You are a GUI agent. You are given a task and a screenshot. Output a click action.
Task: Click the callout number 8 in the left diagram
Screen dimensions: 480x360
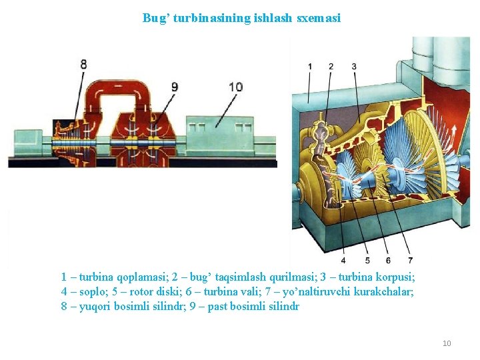click(x=83, y=65)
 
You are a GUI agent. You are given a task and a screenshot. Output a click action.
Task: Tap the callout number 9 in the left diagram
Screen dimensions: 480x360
click(x=175, y=86)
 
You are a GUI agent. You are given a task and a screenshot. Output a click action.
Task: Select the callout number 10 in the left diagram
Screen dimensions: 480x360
click(x=235, y=87)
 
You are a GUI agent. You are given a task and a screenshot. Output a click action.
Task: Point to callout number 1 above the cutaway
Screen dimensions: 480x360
click(x=309, y=67)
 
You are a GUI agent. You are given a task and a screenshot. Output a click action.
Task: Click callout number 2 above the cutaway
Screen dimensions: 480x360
click(x=331, y=67)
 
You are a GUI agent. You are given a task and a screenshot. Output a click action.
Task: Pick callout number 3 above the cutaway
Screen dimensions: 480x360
click(x=353, y=67)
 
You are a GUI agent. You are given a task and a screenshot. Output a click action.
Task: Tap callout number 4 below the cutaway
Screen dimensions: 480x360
click(x=343, y=260)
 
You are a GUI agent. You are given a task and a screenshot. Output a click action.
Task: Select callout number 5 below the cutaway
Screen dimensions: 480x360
click(x=367, y=260)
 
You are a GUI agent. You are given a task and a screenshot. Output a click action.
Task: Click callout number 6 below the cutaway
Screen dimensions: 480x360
click(x=388, y=260)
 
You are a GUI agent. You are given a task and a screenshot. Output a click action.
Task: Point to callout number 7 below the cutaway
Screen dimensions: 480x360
click(x=410, y=260)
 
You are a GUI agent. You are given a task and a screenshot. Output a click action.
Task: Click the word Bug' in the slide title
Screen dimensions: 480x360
click(x=156, y=18)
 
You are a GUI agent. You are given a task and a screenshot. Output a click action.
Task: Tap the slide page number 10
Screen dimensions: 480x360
click(x=447, y=343)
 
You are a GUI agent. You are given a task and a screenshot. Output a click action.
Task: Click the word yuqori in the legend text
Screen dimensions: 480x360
click(x=93, y=307)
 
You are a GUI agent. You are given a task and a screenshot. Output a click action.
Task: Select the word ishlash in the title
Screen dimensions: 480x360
click(x=272, y=18)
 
